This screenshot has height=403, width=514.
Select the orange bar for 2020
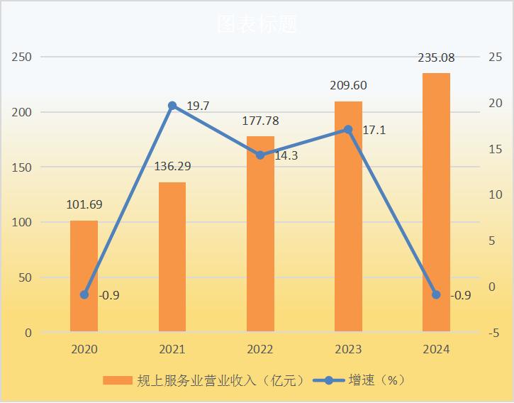click(x=84, y=276)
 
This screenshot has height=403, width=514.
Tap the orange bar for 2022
click(x=260, y=234)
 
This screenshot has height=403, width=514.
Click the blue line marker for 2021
click(x=172, y=106)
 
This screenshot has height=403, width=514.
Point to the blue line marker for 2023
click(x=348, y=130)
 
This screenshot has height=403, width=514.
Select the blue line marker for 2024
click(x=436, y=294)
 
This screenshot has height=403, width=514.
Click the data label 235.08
click(x=436, y=57)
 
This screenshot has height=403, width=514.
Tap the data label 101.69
click(x=84, y=205)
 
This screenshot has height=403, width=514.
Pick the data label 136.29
click(x=172, y=167)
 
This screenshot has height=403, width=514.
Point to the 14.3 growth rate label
click(x=286, y=155)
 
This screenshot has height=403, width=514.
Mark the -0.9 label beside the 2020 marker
click(x=108, y=295)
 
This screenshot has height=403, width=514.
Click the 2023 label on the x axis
click(x=348, y=349)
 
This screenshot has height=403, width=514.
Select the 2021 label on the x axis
click(x=172, y=349)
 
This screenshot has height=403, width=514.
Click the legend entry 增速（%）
click(x=376, y=380)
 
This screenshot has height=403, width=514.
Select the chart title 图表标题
click(x=257, y=24)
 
